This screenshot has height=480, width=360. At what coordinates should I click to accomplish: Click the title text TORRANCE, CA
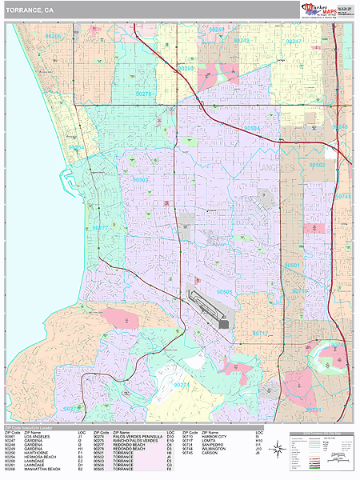[30, 12]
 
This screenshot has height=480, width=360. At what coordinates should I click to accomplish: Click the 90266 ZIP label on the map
[53, 37]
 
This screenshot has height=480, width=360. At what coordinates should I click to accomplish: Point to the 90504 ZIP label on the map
[252, 127]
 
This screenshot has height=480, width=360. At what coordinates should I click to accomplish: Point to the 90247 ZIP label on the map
[293, 41]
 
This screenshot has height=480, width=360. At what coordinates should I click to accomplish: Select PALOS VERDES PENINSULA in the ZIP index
[134, 438]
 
